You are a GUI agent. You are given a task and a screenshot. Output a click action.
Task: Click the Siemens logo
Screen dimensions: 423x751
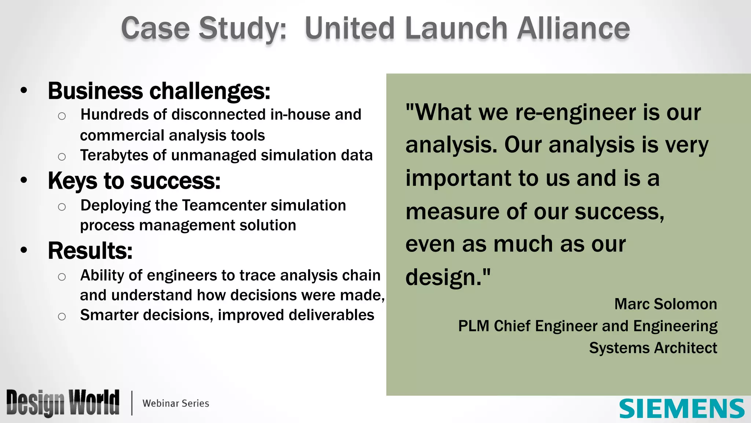tap(682, 408)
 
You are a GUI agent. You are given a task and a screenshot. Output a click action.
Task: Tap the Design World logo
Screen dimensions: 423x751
tap(63, 403)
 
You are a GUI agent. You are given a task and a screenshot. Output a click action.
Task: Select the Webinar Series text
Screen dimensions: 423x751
tap(176, 403)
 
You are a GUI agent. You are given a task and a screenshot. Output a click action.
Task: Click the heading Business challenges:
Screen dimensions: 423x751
tap(159, 91)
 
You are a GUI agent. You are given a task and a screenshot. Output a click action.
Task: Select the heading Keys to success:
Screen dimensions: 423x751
tap(134, 181)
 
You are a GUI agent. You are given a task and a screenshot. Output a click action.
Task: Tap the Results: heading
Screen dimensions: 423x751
tap(90, 251)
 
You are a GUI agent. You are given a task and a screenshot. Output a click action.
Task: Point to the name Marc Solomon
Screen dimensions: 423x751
tap(665, 304)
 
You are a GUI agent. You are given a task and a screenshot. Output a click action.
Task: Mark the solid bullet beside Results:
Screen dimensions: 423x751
tap(24, 250)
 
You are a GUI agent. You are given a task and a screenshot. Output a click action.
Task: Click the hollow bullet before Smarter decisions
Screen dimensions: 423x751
tap(62, 316)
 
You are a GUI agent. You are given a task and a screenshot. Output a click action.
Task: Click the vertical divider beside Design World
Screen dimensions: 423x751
tap(132, 403)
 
